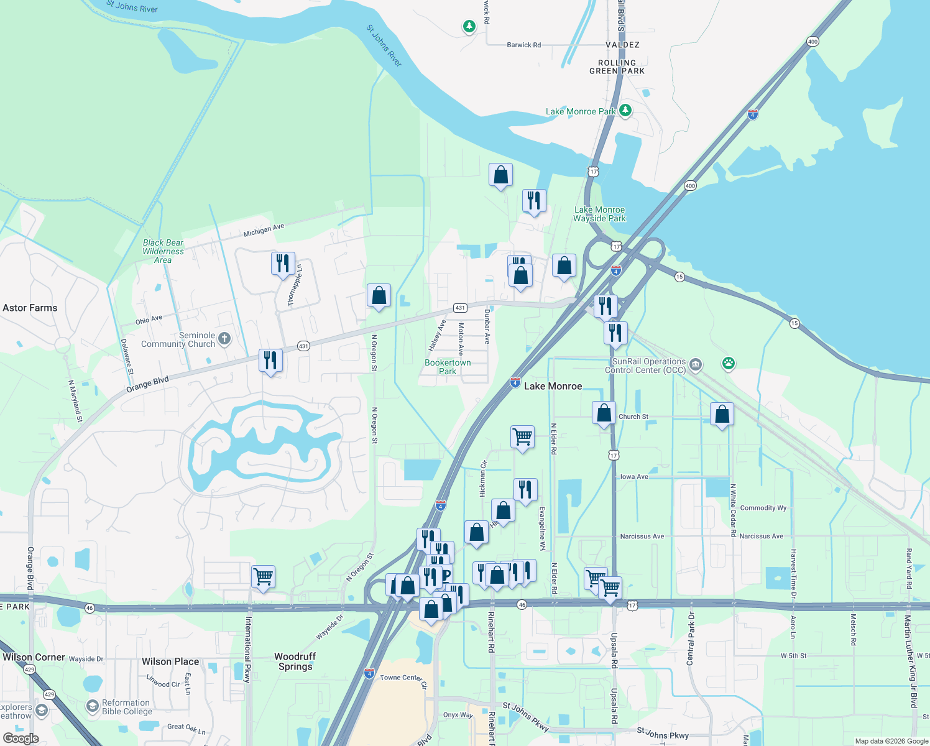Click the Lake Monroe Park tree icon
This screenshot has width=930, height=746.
pos(625,111)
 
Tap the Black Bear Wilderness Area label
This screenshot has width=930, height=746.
pos(163,251)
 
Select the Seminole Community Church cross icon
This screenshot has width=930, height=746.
pos(224,339)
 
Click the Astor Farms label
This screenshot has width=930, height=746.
pos(30,308)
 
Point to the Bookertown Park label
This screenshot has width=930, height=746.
pos(448,367)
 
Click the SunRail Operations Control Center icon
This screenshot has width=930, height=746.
pos(696,364)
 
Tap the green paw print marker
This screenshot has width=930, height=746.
pos(729,363)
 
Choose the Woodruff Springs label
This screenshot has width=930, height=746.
pos(295,661)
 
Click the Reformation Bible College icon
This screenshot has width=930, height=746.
pos(93,706)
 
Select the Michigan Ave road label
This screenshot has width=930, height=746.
pos(264,231)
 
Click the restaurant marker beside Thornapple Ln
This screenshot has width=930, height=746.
pos(283,263)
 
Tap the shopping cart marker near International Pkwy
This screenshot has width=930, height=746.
pos(263,576)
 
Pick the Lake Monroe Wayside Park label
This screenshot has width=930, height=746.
pos(599,214)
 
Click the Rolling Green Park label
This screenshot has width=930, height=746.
pos(617,67)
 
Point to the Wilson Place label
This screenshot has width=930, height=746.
pos(170,661)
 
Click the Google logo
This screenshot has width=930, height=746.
pos(21,739)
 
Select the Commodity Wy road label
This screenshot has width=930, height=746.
pos(763,508)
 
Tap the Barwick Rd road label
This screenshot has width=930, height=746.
pos(523,45)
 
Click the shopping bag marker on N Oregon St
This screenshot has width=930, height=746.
pos(379,296)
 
